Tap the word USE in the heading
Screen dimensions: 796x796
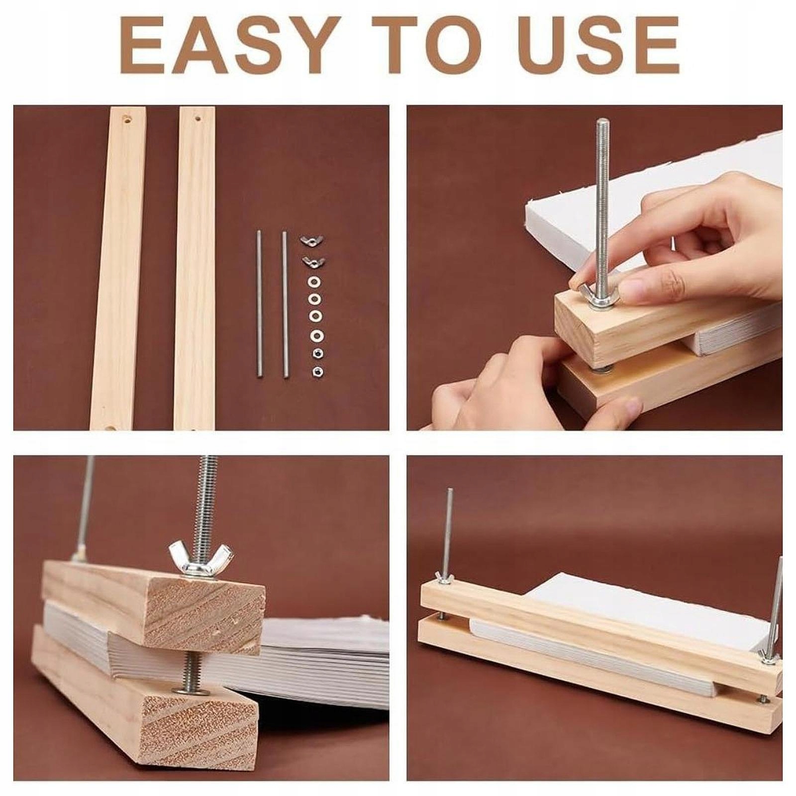coord(584,45)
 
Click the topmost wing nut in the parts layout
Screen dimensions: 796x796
coord(311,241)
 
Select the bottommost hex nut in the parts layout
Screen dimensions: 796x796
coord(315,371)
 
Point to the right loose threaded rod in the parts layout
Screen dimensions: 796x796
coord(285,304)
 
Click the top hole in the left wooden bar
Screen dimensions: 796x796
coord(127,120)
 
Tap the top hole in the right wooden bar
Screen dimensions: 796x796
coord(198,119)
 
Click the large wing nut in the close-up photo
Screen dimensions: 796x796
coord(200,554)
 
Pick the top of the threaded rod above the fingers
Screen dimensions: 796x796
coord(602,122)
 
